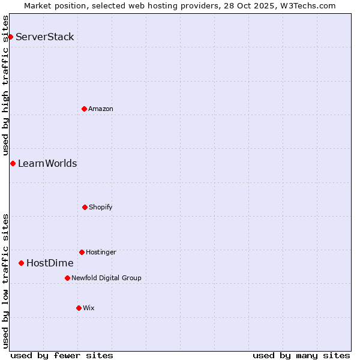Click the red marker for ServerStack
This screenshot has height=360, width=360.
pyautogui.click(x=10, y=37)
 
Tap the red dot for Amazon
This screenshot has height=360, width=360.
pyautogui.click(x=84, y=109)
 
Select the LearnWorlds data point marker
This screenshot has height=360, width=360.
pyautogui.click(x=13, y=163)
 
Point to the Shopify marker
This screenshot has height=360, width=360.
pyautogui.click(x=85, y=207)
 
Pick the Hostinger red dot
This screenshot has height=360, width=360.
pyautogui.click(x=82, y=252)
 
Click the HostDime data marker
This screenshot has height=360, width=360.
pyautogui.click(x=21, y=263)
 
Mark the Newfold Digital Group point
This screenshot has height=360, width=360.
pyautogui.click(x=67, y=278)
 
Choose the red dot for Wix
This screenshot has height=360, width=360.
pyautogui.click(x=79, y=308)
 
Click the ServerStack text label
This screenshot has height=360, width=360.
pyautogui.click(x=45, y=37)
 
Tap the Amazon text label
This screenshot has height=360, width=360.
pyautogui.click(x=101, y=109)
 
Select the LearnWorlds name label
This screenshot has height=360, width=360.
pyautogui.click(x=47, y=163)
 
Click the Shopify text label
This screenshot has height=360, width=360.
pyautogui.click(x=101, y=207)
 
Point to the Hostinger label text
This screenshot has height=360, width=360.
pyautogui.click(x=101, y=252)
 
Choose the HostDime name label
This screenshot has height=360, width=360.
pyautogui.click(x=50, y=263)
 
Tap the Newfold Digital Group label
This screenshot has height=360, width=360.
pyautogui.click(x=106, y=278)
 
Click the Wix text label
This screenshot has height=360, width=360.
pyautogui.click(x=89, y=308)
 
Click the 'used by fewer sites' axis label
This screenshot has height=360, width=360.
pyautogui.click(x=62, y=355)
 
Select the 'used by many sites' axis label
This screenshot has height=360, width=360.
pyautogui.click(x=301, y=355)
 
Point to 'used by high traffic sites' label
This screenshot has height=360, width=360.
pyautogui.click(x=5, y=85)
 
